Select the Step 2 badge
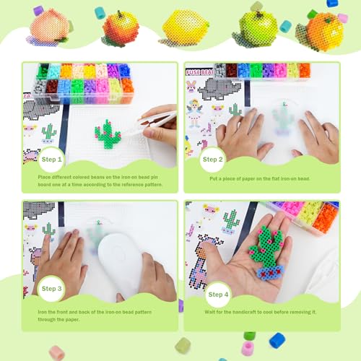pos(212,159)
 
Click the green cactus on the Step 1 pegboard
pos(108,134)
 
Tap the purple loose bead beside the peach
pos(38,11)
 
